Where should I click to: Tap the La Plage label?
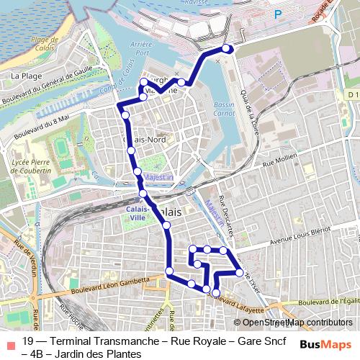[x=25, y=74]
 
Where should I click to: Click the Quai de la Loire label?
[x=249, y=107]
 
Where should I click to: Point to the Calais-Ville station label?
[x=137, y=211]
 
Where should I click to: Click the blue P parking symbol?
[x=277, y=13]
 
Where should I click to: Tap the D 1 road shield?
[x=351, y=94]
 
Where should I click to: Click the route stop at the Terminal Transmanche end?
[x=227, y=49]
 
